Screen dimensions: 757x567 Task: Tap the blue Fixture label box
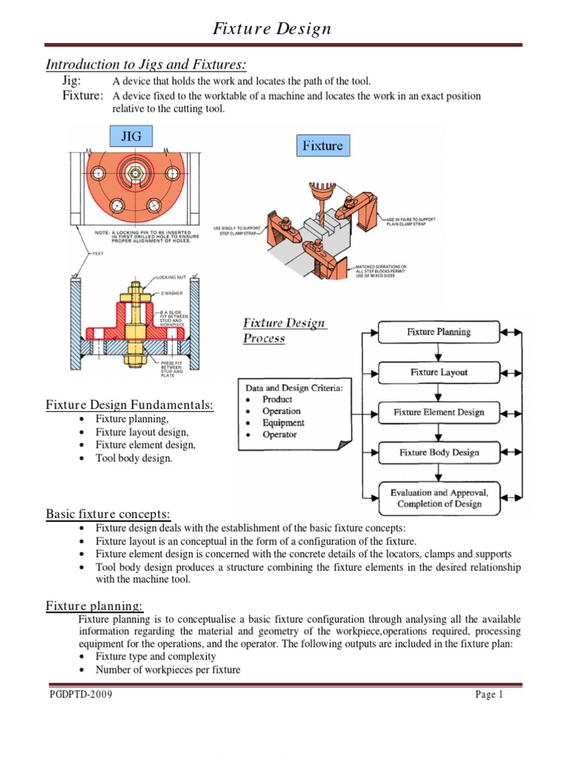coord(323,146)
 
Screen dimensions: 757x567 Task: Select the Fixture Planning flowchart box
coord(439,333)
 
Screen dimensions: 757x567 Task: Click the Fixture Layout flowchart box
coord(439,373)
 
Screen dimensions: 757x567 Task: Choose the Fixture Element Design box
coord(439,412)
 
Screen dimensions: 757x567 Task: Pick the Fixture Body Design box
coord(439,452)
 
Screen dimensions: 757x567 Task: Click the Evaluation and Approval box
coord(439,498)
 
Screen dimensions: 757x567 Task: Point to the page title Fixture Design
coord(272,30)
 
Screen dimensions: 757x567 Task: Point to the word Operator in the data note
coord(280,435)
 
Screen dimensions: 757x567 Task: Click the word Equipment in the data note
coord(283,423)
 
